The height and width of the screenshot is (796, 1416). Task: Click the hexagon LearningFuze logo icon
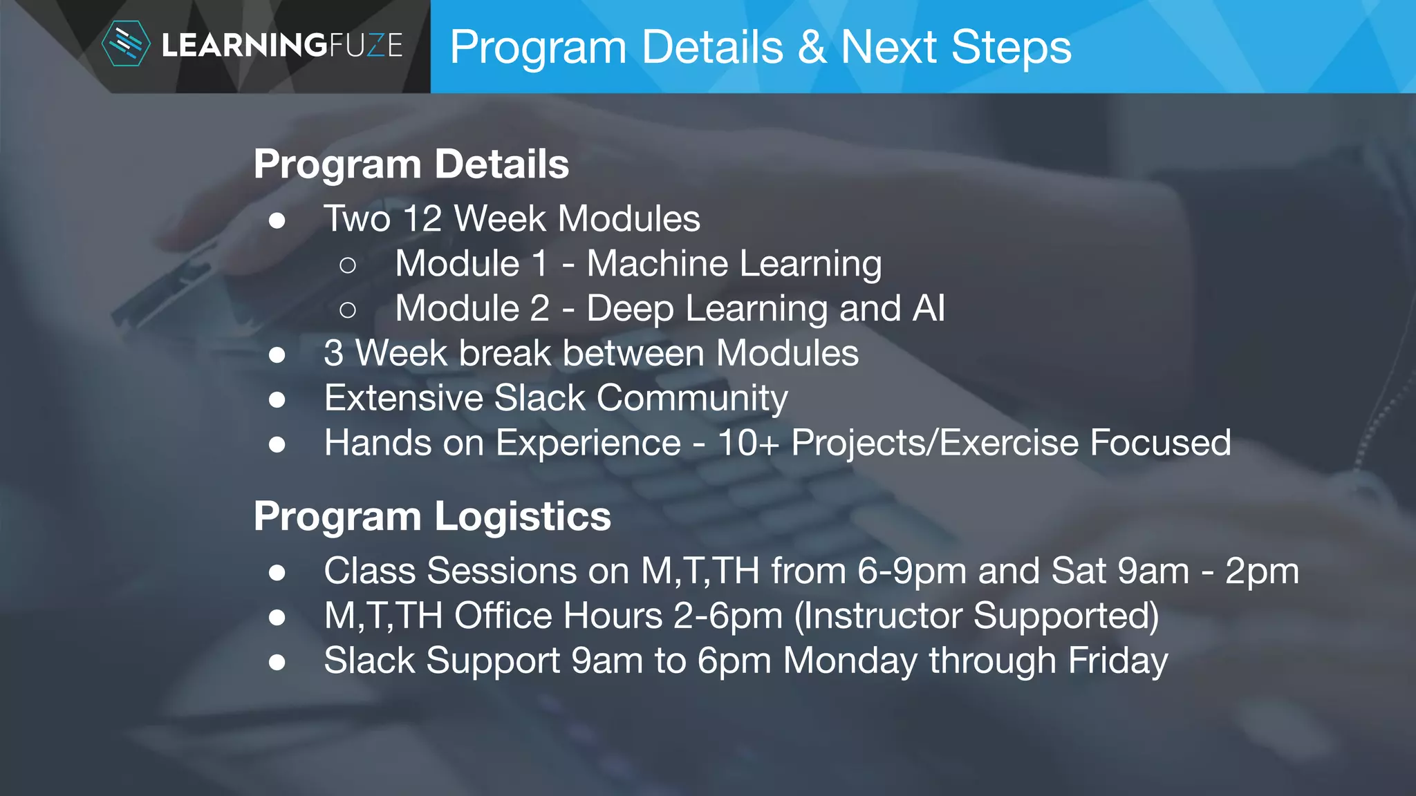click(x=125, y=44)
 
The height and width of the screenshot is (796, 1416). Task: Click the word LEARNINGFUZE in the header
click(x=282, y=46)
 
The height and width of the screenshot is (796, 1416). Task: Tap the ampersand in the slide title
click(x=812, y=47)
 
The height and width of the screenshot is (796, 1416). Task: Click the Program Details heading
click(x=411, y=164)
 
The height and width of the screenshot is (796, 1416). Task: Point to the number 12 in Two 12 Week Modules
click(x=422, y=219)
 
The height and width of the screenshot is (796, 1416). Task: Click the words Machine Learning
click(x=734, y=264)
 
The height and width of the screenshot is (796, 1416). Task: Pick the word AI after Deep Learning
click(x=928, y=308)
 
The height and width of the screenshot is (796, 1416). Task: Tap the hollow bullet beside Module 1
click(x=348, y=265)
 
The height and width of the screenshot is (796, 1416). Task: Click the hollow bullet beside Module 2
click(x=348, y=310)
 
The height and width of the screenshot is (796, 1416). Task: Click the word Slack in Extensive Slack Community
click(x=540, y=398)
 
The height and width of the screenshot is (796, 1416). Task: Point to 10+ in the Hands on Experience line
click(x=749, y=443)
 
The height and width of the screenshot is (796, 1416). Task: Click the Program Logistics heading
click(x=432, y=517)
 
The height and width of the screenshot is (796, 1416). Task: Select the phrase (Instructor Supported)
click(x=976, y=616)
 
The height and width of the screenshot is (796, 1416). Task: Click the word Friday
click(x=1117, y=661)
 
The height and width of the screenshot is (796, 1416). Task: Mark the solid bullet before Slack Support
click(x=277, y=662)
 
